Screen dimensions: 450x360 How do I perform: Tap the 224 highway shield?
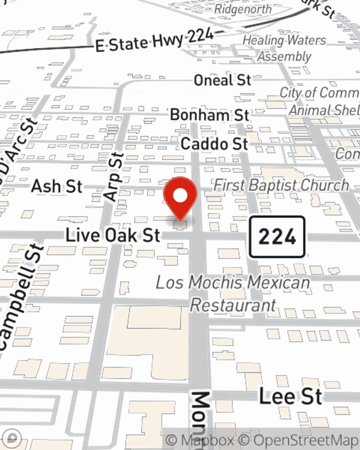277,237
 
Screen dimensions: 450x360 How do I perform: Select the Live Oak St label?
113,235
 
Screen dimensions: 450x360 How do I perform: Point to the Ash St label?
57,186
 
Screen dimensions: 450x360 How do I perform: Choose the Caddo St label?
215,144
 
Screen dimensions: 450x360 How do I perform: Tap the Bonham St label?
210,115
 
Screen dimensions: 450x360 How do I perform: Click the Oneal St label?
222,80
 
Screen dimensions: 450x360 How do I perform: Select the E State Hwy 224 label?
155,40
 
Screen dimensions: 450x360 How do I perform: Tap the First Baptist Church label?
281,185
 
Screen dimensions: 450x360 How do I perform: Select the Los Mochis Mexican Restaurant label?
233,294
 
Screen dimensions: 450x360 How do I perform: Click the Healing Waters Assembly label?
284,48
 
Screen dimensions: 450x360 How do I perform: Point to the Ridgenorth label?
243,9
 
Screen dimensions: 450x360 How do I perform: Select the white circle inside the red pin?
180,196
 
